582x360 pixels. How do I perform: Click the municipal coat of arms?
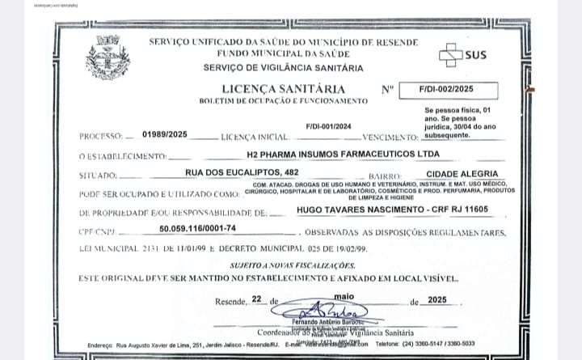coord(108,56)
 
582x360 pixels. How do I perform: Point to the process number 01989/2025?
coord(164,134)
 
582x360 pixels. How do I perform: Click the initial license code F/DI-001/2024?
coord(329,126)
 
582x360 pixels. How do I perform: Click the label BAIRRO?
coord(384,176)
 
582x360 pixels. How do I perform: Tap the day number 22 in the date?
coord(257,299)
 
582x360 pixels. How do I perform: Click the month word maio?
coord(344,296)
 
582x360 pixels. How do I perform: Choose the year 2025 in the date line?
coord(437,300)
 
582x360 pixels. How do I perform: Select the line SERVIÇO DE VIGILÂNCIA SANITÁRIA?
coord(283,68)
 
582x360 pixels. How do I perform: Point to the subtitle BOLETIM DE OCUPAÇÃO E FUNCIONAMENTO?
coord(284,100)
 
